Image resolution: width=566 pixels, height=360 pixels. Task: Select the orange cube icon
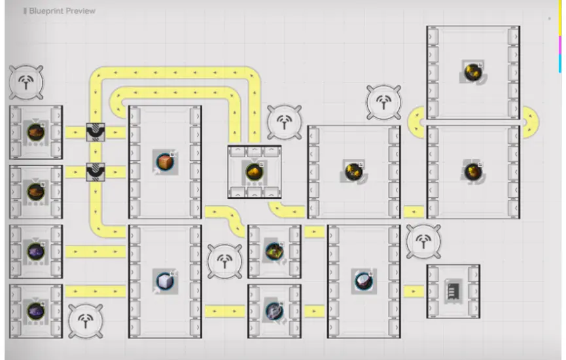coord(164,161)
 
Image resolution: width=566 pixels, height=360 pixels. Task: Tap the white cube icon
coord(164,280)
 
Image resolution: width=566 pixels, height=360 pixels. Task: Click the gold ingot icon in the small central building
coord(255,171)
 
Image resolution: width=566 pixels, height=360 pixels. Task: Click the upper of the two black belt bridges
coord(96,132)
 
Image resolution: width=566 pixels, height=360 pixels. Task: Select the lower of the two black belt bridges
coord(96,172)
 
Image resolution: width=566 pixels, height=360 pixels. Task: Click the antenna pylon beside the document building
coord(423,242)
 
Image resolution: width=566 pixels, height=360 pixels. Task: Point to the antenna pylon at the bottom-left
coord(86,321)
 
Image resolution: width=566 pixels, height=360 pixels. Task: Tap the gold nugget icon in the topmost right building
coord(472,72)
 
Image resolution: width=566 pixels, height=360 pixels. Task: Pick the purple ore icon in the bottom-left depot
coord(35,310)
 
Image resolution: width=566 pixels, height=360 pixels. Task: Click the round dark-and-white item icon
coord(363,280)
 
